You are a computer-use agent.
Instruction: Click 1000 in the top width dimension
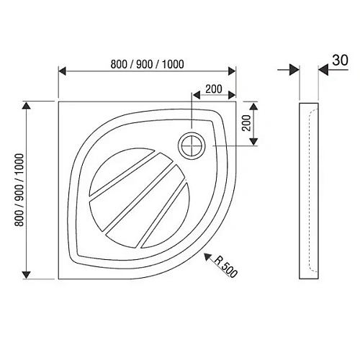(x=170, y=63)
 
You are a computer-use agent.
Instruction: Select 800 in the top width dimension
(x=121, y=63)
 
